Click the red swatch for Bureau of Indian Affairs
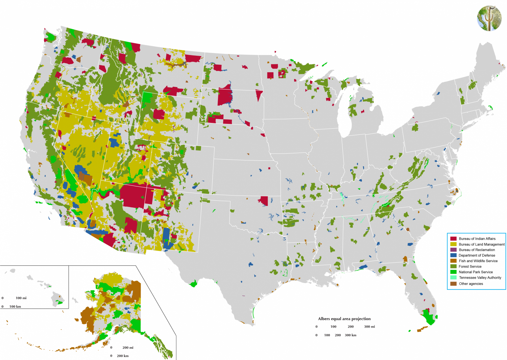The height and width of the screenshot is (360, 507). pos(453,239)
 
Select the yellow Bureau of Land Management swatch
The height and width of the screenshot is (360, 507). pos(453,244)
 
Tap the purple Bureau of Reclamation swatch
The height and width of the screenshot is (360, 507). pos(453,250)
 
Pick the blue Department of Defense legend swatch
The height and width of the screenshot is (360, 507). pos(453,255)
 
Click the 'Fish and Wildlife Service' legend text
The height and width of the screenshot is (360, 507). pos(478,261)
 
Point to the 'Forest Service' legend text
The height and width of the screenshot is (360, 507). pos(470,266)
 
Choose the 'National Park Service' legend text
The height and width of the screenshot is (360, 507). pos(476,272)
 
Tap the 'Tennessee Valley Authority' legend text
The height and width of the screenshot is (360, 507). pos(480,278)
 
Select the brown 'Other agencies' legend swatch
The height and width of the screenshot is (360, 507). pos(453,284)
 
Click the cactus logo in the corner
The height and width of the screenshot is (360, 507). pos(489,19)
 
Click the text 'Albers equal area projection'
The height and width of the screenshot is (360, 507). pos(344,319)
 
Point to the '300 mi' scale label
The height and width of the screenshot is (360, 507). pos(369,327)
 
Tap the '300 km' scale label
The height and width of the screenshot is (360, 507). pos(351,335)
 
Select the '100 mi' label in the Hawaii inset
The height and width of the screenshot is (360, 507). pos(21,298)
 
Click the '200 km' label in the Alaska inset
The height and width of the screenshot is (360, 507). pos(123,356)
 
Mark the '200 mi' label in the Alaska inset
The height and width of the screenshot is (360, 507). pos(128,348)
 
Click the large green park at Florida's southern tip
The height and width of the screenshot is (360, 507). pos(429,317)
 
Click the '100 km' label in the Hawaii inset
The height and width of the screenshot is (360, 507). pos(15,307)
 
